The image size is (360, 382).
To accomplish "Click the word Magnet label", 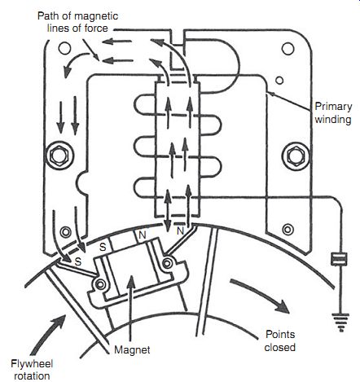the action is tap(132, 349).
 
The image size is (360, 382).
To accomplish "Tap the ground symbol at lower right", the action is tap(341, 323).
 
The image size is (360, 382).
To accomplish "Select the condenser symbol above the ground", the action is tap(339, 259).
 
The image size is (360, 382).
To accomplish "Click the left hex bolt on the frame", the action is tap(59, 156).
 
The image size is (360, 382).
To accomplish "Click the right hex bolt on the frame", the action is tap(296, 156).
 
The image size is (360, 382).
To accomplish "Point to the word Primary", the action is tap(333, 107).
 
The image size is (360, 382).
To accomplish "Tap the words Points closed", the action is tap(280, 340).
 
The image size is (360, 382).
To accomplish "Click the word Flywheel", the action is tap(32, 364).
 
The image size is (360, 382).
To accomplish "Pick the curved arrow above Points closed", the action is tap(258, 294).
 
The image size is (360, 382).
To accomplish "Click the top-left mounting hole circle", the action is tap(64, 48).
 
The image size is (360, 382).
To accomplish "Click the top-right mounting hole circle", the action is tap(288, 48).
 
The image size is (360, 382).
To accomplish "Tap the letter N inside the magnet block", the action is tap(143, 235).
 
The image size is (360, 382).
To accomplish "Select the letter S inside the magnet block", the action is tap(103, 247).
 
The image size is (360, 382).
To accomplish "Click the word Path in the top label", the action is tap(48, 15).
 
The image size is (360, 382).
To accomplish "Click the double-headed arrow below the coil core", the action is tap(168, 210).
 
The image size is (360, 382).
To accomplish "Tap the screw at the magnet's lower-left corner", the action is tap(100, 284).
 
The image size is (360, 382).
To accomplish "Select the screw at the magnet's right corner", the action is tap(167, 263).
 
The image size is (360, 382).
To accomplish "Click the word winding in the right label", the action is tap(333, 120).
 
